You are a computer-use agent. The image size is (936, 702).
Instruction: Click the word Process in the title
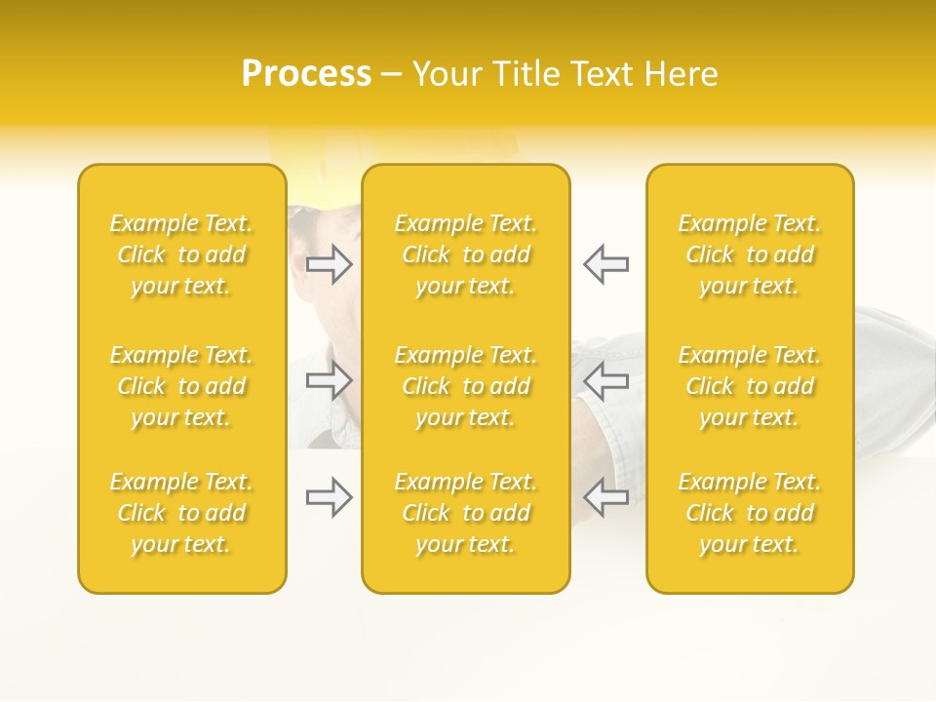(x=306, y=74)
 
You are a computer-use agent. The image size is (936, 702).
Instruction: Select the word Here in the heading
(x=682, y=74)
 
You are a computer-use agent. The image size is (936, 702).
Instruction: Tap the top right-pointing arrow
(x=330, y=264)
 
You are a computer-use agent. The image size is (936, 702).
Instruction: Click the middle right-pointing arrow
(x=330, y=380)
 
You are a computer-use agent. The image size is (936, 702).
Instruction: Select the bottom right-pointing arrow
(x=330, y=497)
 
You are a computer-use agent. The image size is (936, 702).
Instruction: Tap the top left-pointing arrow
(x=605, y=264)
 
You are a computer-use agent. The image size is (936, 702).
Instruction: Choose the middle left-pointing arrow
(x=605, y=380)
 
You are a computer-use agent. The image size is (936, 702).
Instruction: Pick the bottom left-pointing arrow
(x=605, y=497)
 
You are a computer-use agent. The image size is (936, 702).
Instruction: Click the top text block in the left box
(x=181, y=254)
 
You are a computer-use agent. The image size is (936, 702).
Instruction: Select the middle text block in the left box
(x=181, y=386)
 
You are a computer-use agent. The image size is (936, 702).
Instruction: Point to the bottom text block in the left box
(x=181, y=513)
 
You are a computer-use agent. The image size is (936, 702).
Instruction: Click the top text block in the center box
(x=466, y=254)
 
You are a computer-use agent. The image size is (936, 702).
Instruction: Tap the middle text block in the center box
(x=466, y=386)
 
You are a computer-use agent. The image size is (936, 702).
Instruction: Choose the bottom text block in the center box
(x=466, y=513)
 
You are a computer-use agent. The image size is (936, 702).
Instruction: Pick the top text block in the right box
(x=750, y=254)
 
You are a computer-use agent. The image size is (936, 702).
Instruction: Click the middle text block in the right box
(x=750, y=386)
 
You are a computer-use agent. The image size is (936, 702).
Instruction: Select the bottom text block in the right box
(x=750, y=513)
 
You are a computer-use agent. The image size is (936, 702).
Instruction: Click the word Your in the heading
(x=444, y=74)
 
